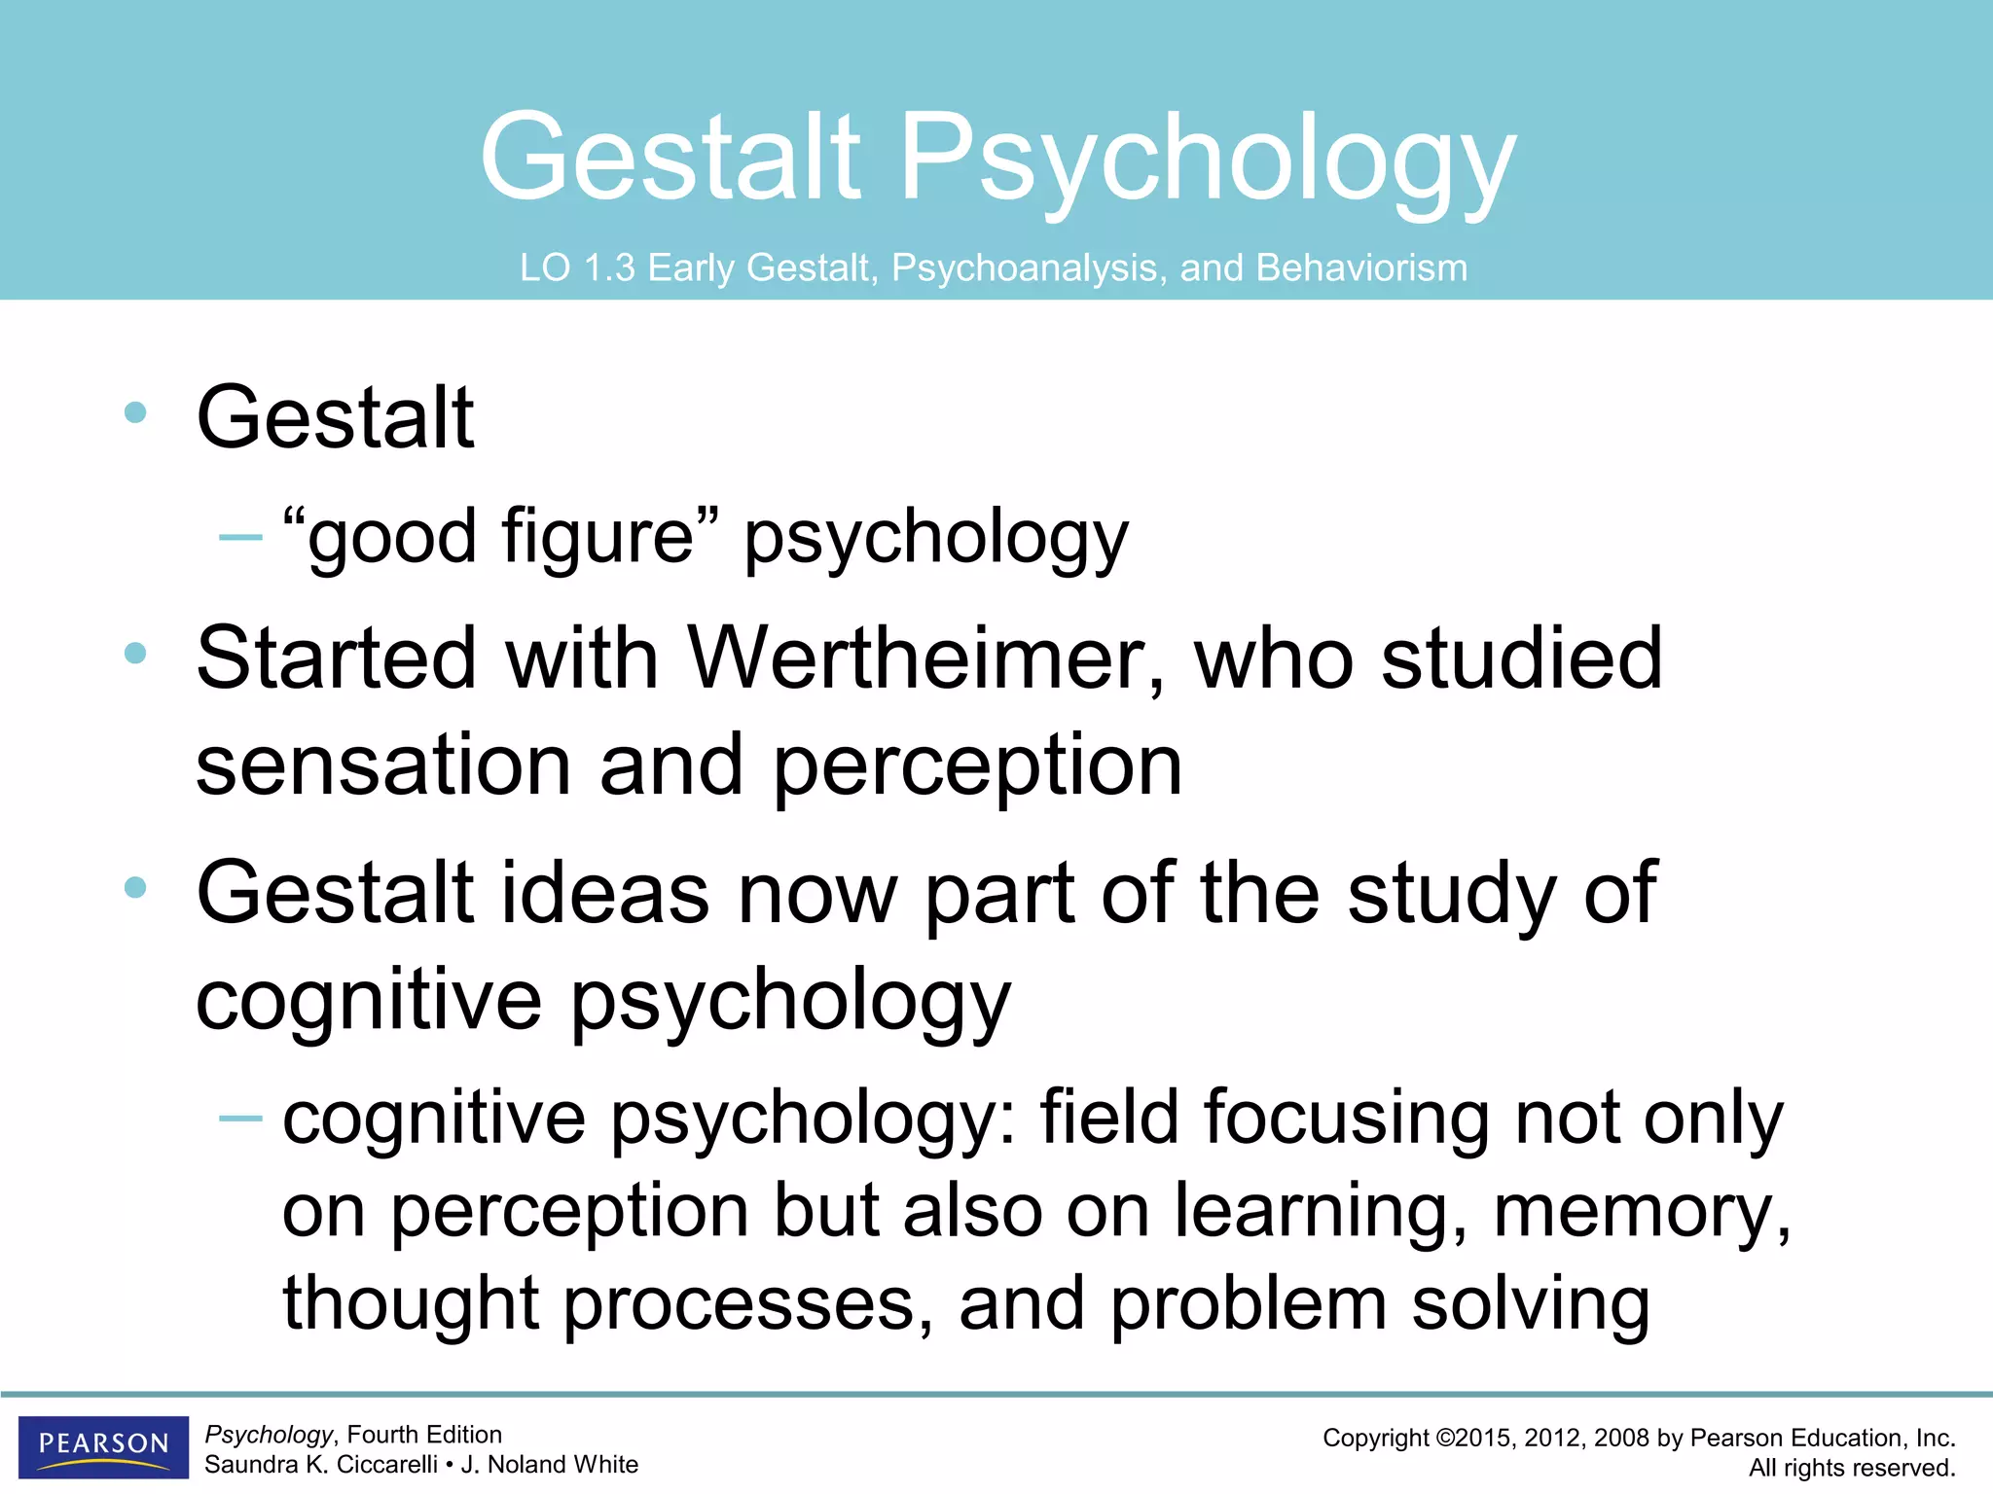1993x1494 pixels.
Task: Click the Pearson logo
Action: (103, 1445)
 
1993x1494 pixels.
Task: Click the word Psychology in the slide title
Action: (1208, 160)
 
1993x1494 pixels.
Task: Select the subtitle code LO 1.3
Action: (577, 268)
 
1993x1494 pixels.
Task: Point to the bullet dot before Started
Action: (135, 654)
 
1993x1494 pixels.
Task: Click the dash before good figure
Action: (240, 537)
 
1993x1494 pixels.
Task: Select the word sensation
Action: (383, 765)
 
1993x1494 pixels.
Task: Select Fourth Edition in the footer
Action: (424, 1435)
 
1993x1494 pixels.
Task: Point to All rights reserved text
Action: (1851, 1468)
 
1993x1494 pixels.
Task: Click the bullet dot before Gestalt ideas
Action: (135, 887)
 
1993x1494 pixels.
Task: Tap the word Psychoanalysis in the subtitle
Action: (1029, 268)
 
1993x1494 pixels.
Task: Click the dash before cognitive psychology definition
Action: (240, 1120)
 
